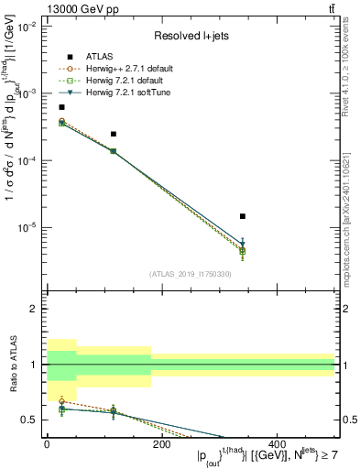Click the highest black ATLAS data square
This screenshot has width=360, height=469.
61,107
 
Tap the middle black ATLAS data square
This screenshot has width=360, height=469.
113,134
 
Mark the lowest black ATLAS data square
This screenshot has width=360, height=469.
242,216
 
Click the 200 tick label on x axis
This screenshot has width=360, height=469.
162,444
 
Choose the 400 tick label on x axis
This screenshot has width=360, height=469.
278,444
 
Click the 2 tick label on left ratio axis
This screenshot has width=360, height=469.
33,310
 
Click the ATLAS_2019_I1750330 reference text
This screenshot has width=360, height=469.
190,273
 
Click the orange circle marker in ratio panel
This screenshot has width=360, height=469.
61,401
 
